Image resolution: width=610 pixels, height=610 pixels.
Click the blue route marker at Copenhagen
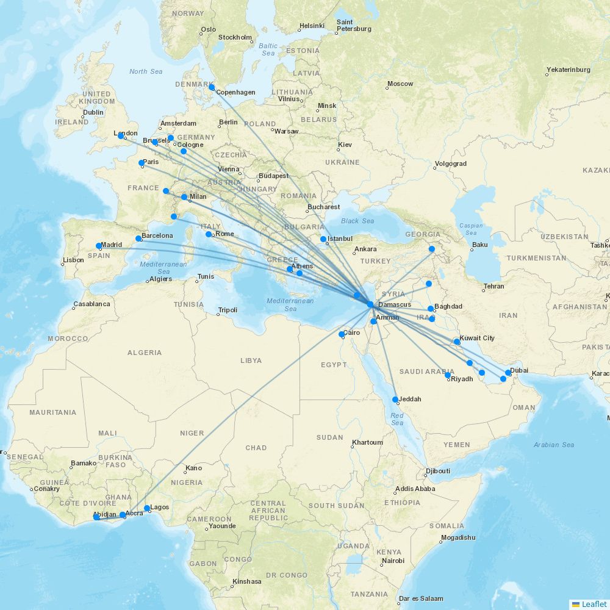pyautogui.click(x=212, y=87)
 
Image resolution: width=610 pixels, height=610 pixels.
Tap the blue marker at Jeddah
pyautogui.click(x=395, y=400)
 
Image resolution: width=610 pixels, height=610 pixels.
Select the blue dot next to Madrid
pyautogui.click(x=99, y=246)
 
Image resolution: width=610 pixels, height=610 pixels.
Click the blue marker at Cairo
pyautogui.click(x=342, y=334)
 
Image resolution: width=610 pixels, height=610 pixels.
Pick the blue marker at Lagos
pyautogui.click(x=147, y=508)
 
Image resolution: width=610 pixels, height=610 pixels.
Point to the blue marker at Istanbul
pyautogui.click(x=323, y=239)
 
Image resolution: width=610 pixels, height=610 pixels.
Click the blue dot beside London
pyautogui.click(x=121, y=136)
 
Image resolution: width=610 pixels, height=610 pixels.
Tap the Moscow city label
pyautogui.click(x=400, y=84)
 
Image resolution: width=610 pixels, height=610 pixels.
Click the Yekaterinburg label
pyautogui.click(x=569, y=70)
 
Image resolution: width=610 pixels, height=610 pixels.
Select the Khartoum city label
pyautogui.click(x=368, y=442)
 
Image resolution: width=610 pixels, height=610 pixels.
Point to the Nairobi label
pyautogui.click(x=393, y=561)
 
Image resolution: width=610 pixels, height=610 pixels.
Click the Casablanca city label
pyautogui.click(x=91, y=304)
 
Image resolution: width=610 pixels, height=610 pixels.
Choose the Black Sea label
pyautogui.click(x=358, y=221)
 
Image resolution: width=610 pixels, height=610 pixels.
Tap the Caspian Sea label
pyautogui.click(x=471, y=229)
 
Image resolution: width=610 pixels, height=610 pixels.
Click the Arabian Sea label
pyautogui.click(x=554, y=445)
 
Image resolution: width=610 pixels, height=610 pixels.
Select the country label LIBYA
pyautogui.click(x=251, y=361)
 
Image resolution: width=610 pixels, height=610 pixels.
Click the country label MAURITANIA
pyautogui.click(x=53, y=412)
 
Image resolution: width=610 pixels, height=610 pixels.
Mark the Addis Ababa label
pyautogui.click(x=415, y=489)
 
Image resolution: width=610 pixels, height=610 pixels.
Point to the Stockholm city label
pyautogui.click(x=235, y=37)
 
